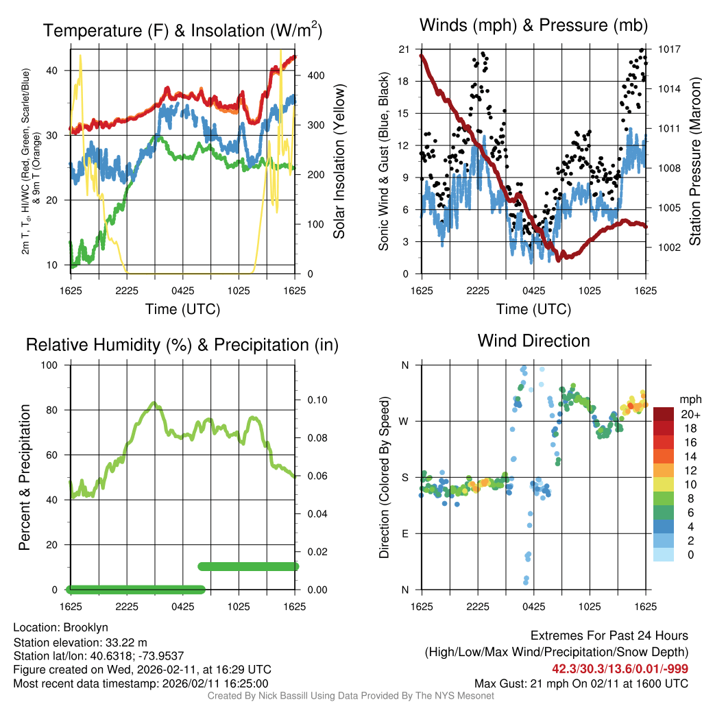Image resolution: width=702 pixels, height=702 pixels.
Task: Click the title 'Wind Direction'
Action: click(x=533, y=341)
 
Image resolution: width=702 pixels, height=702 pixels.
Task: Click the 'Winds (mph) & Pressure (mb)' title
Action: click(x=533, y=26)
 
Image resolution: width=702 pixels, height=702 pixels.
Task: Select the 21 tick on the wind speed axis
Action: click(x=404, y=49)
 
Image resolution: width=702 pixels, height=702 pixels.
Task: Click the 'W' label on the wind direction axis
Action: click(x=404, y=421)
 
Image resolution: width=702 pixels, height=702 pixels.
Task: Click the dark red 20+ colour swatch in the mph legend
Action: click(x=664, y=415)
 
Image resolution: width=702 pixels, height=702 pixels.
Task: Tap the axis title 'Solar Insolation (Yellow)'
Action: click(x=339, y=162)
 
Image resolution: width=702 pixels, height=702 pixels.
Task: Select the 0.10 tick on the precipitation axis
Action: click(x=315, y=400)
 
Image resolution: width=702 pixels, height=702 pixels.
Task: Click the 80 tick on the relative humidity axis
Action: click(x=54, y=410)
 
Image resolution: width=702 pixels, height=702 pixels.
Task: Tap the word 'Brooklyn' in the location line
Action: click(x=86, y=627)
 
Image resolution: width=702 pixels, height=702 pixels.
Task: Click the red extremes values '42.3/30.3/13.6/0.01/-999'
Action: click(x=620, y=669)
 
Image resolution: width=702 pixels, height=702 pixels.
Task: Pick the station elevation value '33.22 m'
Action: click(x=124, y=642)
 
